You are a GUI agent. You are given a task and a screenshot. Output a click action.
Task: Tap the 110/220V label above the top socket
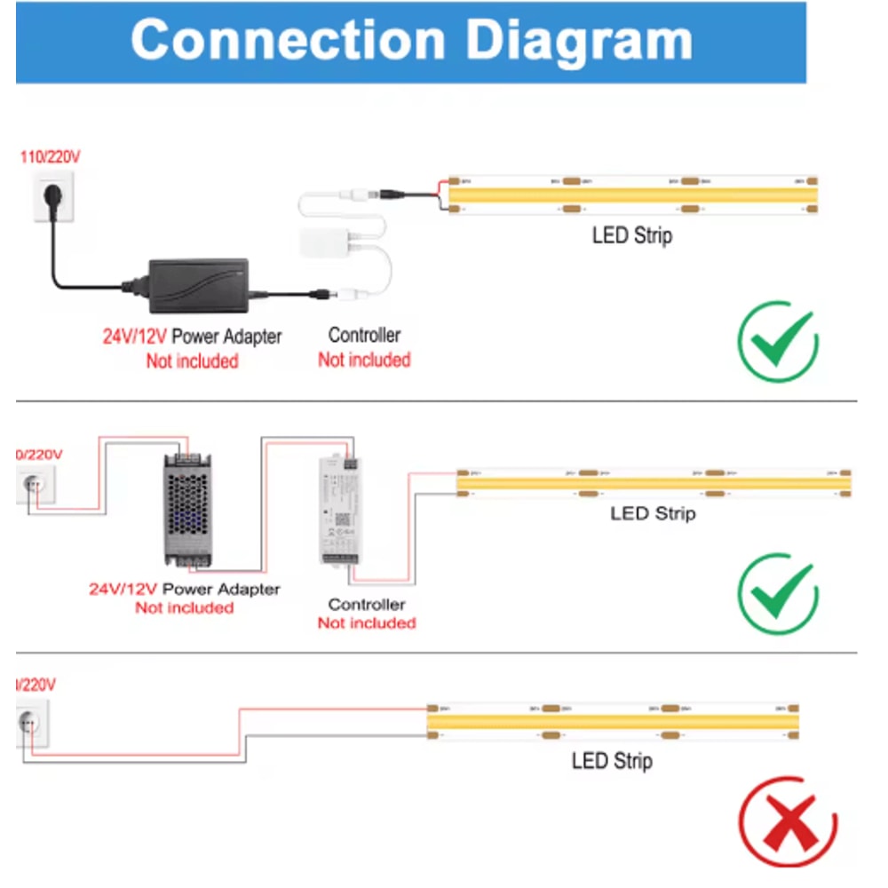click(x=50, y=158)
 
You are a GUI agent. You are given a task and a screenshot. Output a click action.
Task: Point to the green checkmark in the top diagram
click(x=778, y=342)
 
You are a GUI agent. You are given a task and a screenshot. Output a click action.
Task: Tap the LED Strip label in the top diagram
click(x=631, y=236)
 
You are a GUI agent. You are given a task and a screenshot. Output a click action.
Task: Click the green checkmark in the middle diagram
click(x=778, y=593)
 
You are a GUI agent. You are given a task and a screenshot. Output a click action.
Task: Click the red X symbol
click(x=787, y=823)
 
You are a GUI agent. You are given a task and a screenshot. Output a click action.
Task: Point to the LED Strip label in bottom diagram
click(x=612, y=761)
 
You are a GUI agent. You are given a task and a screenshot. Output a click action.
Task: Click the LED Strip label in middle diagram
click(x=653, y=513)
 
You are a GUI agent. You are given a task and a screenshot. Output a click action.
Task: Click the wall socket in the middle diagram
click(x=36, y=485)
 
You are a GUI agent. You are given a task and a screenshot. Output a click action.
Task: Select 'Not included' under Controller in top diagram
click(x=364, y=360)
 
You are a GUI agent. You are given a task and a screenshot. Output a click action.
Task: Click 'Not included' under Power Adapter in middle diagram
click(x=185, y=608)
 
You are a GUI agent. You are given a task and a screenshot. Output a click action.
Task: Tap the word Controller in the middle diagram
click(x=367, y=605)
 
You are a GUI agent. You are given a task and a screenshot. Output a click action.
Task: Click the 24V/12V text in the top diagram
click(x=134, y=337)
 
